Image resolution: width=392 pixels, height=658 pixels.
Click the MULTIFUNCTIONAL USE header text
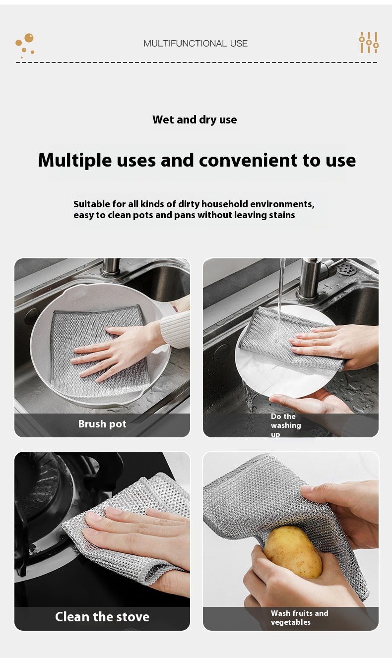point(196,44)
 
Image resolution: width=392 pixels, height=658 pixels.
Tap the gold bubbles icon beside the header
point(25,45)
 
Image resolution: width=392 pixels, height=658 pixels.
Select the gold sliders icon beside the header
point(369,42)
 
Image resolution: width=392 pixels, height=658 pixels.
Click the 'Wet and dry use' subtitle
point(195,120)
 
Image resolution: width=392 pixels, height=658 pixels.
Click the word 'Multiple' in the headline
point(75,161)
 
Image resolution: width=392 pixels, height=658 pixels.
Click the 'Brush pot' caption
point(102,424)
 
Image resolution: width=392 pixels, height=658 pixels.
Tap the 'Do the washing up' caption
point(286,425)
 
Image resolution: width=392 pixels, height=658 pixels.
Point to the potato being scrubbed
point(293,552)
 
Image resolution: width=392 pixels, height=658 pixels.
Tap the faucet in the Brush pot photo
point(111,267)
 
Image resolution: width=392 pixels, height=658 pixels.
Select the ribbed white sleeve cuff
point(176,329)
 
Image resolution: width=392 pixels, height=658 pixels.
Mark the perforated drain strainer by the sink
point(347,268)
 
